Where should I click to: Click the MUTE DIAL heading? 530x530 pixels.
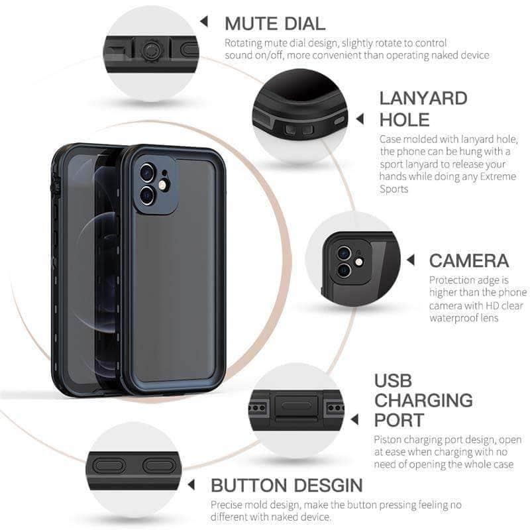[x=275, y=24]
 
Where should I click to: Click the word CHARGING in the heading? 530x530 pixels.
[x=423, y=400]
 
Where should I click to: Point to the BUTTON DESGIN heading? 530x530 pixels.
[x=286, y=485]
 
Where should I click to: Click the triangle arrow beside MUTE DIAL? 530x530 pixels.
[x=205, y=22]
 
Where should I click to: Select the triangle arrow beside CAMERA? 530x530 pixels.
[x=411, y=260]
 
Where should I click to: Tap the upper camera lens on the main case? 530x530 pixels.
[x=147, y=174]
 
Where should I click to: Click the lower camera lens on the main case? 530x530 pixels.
[x=146, y=195]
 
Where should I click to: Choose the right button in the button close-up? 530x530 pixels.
[x=157, y=465]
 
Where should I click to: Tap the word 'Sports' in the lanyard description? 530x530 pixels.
[x=394, y=189]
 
